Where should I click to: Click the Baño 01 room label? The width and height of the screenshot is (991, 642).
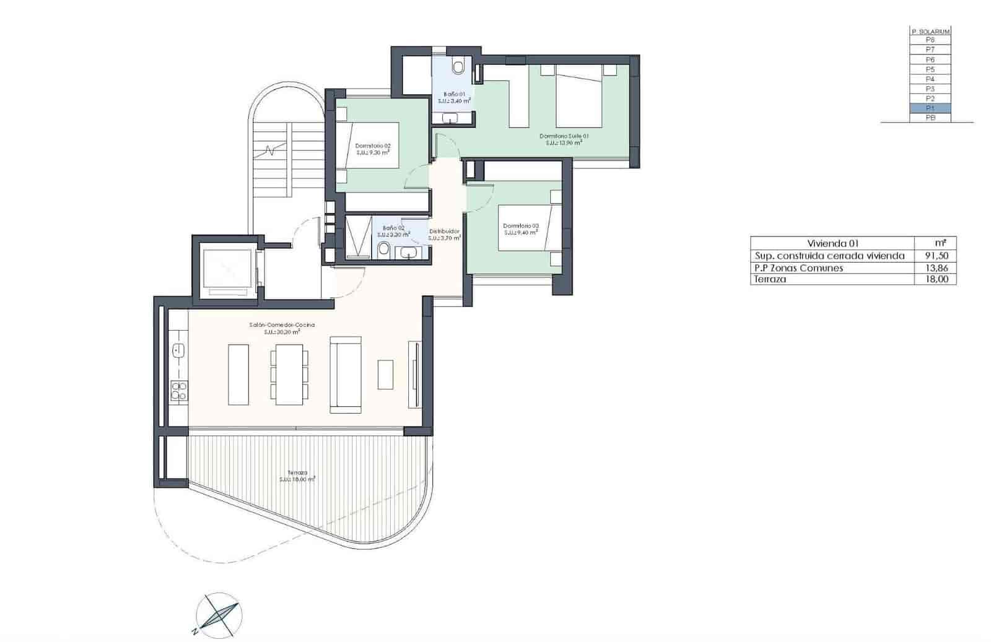[454, 94]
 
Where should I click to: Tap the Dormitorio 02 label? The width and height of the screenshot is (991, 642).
[373, 146]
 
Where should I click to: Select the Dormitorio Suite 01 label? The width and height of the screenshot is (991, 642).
[564, 136]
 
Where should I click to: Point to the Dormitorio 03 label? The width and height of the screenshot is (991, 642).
[520, 225]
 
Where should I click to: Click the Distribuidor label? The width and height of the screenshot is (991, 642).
[445, 232]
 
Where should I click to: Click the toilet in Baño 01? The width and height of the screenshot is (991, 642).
[458, 66]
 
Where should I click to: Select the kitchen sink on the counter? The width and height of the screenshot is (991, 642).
[178, 351]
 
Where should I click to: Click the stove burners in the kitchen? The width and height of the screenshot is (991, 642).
[178, 390]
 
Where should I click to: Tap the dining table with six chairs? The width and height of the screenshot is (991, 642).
[289, 375]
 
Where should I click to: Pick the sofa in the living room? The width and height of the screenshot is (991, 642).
[345, 375]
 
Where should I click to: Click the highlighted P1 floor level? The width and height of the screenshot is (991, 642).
[930, 108]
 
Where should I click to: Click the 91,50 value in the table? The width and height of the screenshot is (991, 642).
[935, 256]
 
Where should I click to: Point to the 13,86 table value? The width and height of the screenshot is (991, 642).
[935, 268]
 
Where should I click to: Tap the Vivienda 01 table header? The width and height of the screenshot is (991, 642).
[832, 243]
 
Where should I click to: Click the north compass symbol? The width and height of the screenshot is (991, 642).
[219, 615]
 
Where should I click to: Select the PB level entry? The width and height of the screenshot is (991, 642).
[930, 118]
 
